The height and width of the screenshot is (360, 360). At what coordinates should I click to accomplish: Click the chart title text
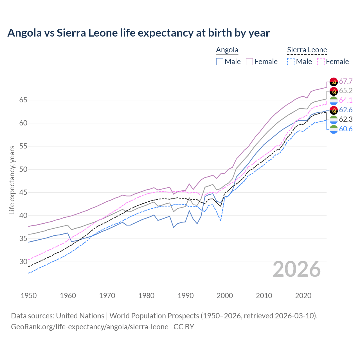click(139, 33)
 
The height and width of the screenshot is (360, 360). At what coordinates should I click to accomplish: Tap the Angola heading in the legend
click(227, 50)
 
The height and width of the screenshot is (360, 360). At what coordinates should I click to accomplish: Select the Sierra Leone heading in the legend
click(307, 50)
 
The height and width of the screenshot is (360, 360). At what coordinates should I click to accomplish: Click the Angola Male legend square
click(220, 62)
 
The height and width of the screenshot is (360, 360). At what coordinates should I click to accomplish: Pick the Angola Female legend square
click(249, 62)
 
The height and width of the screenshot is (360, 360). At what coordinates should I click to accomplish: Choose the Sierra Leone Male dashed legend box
click(291, 62)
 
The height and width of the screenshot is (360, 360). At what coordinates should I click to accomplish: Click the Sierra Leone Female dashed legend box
click(321, 62)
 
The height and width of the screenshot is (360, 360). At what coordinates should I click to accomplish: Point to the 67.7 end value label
click(346, 82)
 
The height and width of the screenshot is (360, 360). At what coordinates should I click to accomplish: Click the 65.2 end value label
click(346, 91)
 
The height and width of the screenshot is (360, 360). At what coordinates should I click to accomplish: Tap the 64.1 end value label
click(346, 100)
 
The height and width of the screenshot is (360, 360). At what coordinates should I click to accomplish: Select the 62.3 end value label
click(346, 120)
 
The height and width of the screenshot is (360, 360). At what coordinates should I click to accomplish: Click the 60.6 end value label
click(346, 129)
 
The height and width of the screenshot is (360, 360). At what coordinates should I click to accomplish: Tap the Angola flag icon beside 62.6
click(334, 110)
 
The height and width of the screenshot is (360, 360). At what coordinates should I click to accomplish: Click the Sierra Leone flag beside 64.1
click(334, 100)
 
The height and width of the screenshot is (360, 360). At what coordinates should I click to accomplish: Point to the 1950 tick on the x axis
click(29, 296)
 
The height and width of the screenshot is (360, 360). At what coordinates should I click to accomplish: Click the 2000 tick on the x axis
click(225, 296)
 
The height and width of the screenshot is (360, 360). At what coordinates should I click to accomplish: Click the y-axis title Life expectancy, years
click(12, 180)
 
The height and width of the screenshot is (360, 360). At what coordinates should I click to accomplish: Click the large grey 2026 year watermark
click(297, 269)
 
